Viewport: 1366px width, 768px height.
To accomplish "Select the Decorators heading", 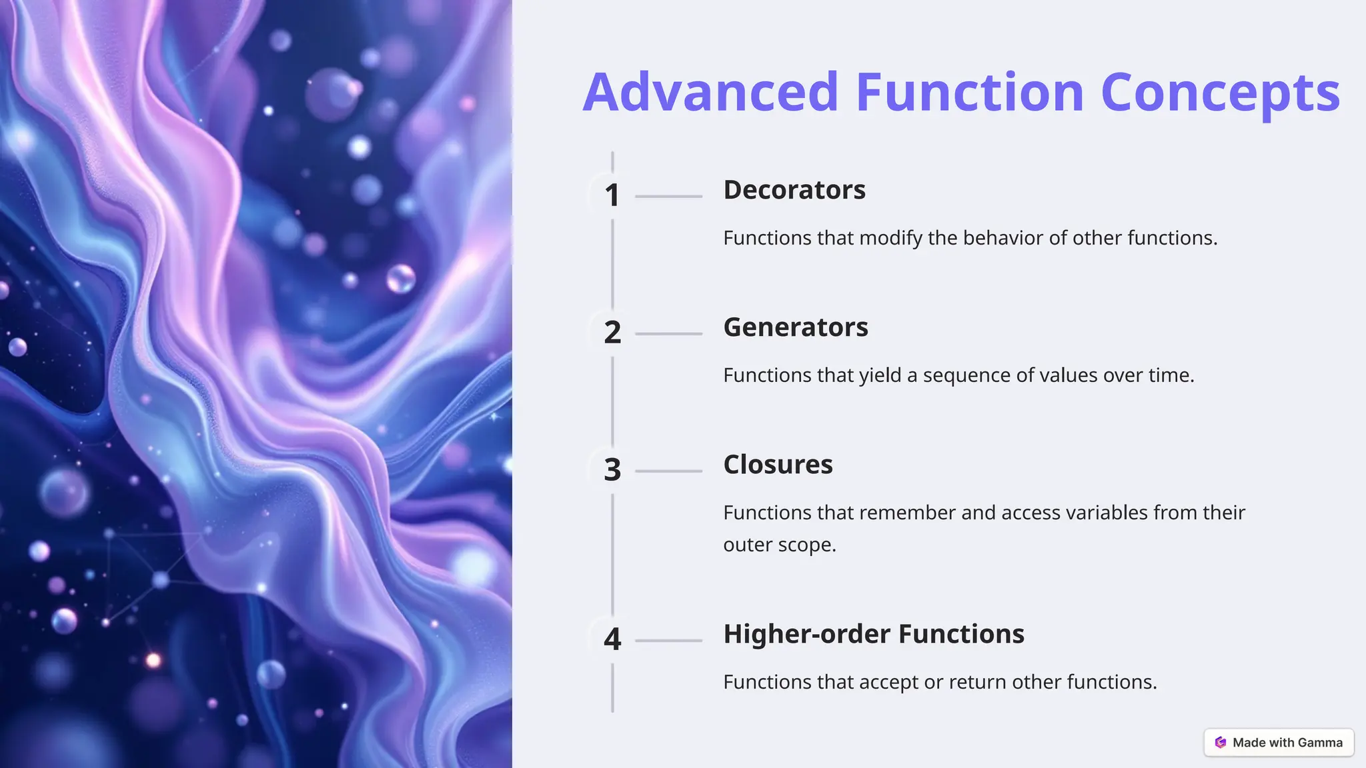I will tap(794, 190).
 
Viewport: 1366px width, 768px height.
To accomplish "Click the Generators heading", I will tap(796, 327).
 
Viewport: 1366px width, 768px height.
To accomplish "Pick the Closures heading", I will tap(778, 465).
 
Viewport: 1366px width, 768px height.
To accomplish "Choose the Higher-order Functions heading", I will tap(874, 634).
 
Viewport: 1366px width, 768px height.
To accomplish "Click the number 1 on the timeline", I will tap(612, 195).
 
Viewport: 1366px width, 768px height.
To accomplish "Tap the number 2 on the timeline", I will tap(612, 333).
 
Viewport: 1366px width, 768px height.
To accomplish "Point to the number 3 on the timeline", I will tap(612, 470).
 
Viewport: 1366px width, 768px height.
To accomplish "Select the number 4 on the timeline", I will tap(612, 639).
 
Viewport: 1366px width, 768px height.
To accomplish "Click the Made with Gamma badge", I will tap(1279, 743).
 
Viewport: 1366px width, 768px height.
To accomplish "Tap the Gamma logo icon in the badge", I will tap(1221, 743).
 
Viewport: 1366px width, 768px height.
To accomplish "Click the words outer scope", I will tap(779, 545).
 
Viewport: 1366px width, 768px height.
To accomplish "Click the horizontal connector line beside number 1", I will tap(668, 196).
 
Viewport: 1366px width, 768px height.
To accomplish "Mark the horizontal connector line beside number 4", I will tap(668, 640).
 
